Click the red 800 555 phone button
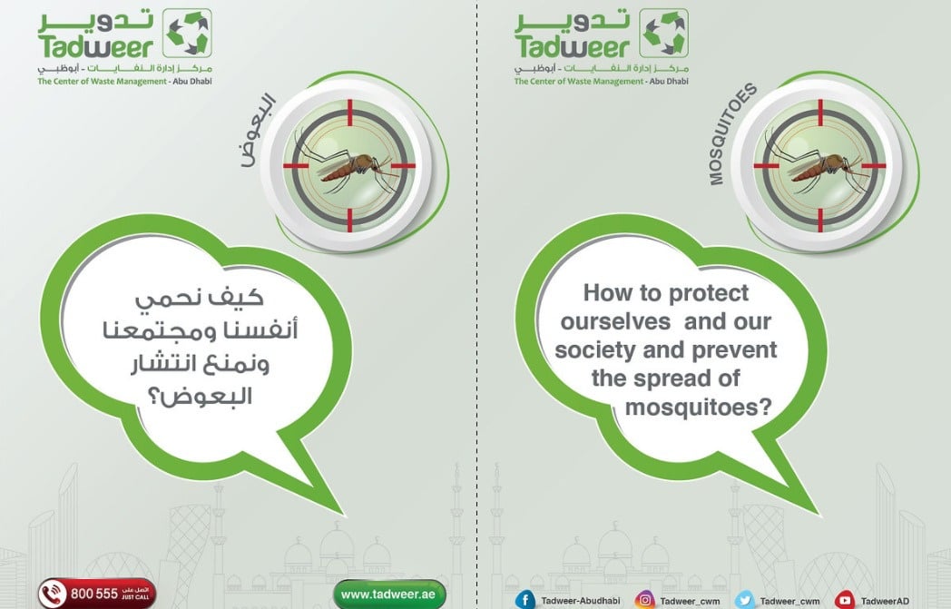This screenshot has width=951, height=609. [97, 594]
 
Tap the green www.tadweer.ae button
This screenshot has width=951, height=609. [389, 594]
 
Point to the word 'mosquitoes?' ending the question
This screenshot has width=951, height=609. [699, 407]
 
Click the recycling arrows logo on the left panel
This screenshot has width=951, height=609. [188, 33]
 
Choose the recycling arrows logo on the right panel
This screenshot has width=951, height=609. [664, 33]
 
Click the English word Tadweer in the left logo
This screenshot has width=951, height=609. [96, 46]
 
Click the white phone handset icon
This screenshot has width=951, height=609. [54, 594]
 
